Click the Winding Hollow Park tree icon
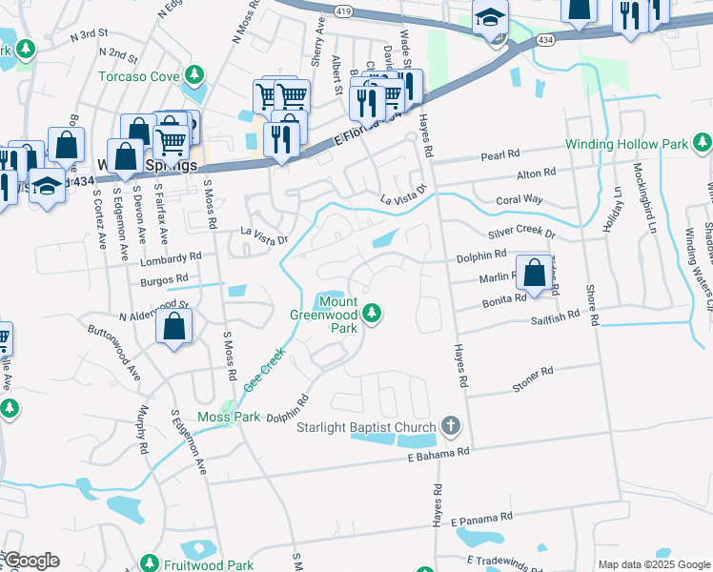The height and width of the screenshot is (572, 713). [703, 144]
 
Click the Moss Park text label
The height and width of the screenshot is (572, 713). [222, 417]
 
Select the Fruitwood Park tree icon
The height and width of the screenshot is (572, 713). [149, 564]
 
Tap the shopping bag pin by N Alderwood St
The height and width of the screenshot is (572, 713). [175, 327]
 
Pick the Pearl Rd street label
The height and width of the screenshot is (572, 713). [500, 153]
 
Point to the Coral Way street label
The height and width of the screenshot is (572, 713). [519, 200]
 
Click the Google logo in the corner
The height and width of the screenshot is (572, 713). [31, 561]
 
